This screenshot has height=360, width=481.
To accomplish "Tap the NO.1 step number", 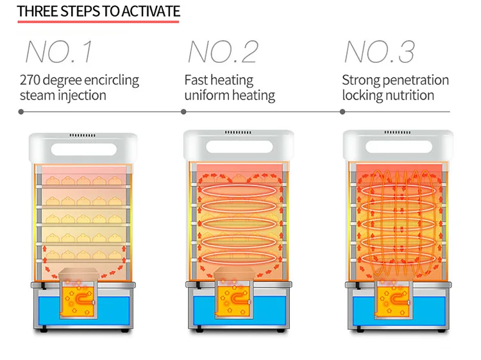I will coord(58,51).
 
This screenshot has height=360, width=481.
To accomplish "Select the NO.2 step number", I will coord(222,51).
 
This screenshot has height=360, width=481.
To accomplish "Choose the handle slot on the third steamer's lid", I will coord(398,146).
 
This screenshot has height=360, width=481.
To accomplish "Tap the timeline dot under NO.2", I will coord(183,112).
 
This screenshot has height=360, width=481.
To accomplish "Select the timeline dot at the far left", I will coord(21,112).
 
